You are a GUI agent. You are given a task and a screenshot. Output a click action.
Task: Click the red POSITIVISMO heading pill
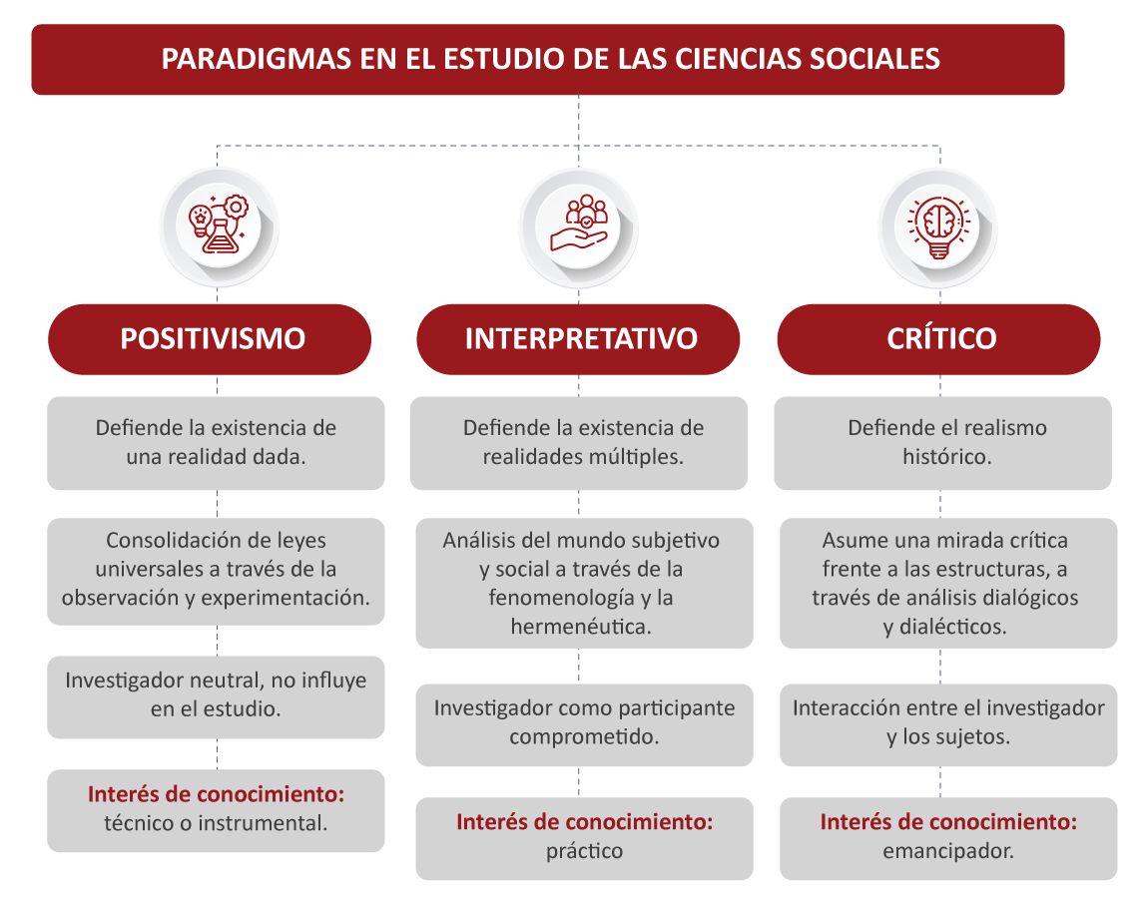click(210, 339)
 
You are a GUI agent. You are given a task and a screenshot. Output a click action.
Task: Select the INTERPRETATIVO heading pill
click(578, 339)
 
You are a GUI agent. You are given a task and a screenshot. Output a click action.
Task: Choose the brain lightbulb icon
click(938, 227)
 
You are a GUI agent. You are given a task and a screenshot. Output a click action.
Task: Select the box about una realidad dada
click(216, 443)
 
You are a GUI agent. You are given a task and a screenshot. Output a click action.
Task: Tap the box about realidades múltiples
click(578, 443)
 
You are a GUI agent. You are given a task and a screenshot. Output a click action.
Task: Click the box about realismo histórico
click(943, 443)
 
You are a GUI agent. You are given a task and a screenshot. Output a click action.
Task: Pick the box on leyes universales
click(216, 571)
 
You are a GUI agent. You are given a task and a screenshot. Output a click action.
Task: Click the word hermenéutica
click(581, 627)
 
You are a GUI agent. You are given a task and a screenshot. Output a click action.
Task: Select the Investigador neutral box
click(216, 696)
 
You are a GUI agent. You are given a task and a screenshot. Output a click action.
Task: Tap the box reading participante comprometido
click(584, 724)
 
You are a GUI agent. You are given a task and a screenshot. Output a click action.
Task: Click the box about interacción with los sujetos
click(949, 724)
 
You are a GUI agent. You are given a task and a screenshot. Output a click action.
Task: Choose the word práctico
click(584, 851)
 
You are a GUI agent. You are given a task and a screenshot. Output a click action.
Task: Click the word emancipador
click(948, 851)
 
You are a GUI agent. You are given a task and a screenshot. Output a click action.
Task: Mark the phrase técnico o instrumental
click(216, 823)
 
